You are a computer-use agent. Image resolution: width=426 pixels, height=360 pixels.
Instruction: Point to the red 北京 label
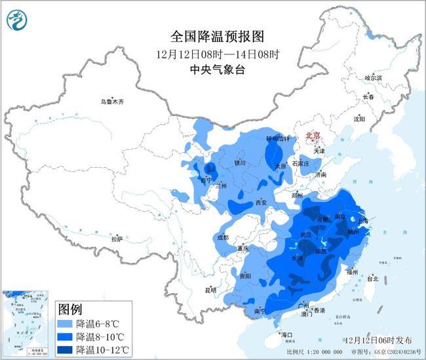coord(313,135)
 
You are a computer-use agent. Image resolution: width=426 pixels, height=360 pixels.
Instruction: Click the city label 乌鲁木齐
coord(111,102)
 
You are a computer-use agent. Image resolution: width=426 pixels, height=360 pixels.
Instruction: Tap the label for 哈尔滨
coord(372,77)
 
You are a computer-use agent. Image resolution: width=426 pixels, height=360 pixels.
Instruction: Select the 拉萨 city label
coord(117,239)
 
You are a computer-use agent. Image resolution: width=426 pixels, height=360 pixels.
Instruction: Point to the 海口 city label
coord(286,335)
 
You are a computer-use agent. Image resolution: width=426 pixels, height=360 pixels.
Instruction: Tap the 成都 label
coord(222,237)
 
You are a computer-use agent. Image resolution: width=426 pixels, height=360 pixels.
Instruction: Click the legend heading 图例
coord(70,309)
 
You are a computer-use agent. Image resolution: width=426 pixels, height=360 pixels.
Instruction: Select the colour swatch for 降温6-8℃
coord(66,324)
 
